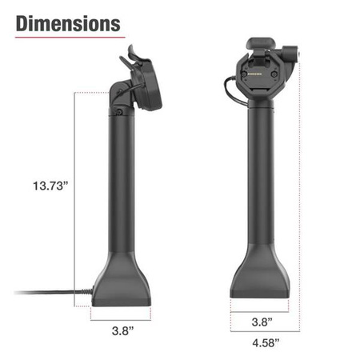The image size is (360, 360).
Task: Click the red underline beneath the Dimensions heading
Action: pyautogui.click(x=68, y=38)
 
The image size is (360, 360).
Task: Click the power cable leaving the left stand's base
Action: pyautogui.click(x=48, y=292)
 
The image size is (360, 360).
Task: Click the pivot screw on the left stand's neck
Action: pyautogui.click(x=119, y=114)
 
